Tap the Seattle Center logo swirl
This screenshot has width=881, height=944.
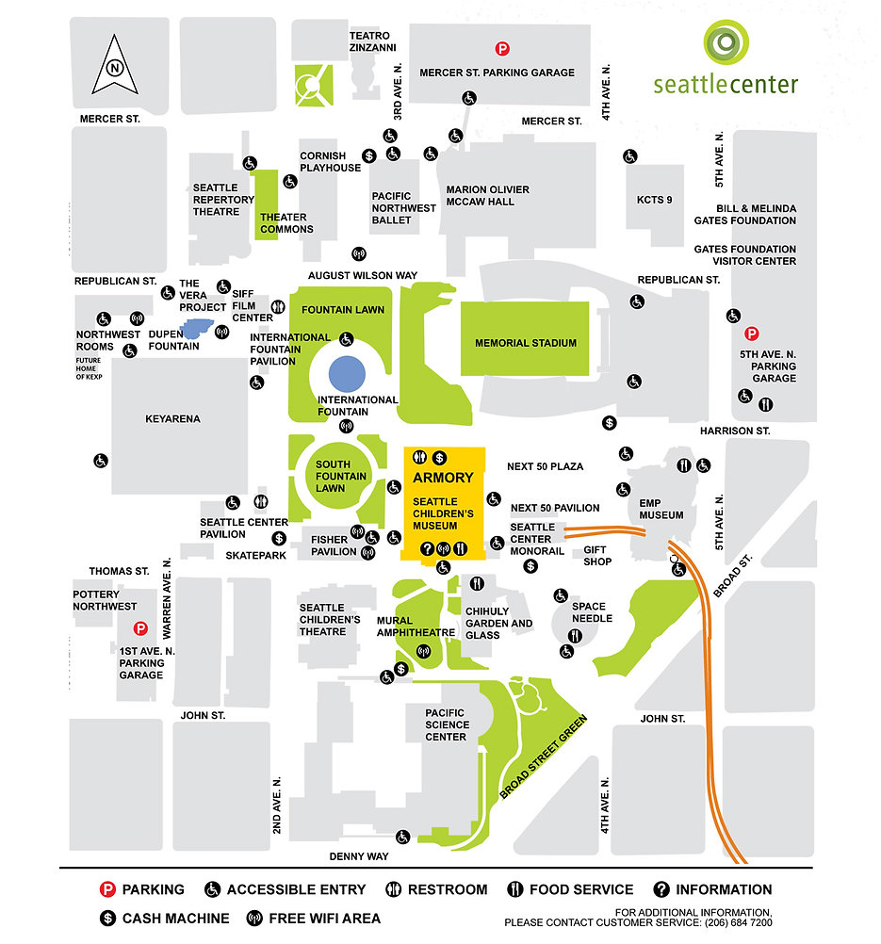pyautogui.click(x=726, y=44)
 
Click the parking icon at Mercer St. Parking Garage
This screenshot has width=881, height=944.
pyautogui.click(x=503, y=49)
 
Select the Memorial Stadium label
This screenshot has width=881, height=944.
pyautogui.click(x=526, y=343)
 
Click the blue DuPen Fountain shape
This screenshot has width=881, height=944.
pyautogui.click(x=198, y=328)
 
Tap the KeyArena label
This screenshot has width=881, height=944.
pyautogui.click(x=172, y=418)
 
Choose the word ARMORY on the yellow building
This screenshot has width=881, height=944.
pyautogui.click(x=443, y=478)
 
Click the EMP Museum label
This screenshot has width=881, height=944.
pyautogui.click(x=661, y=510)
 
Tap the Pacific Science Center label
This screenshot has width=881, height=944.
pyautogui.click(x=446, y=724)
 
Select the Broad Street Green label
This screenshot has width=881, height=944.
pyautogui.click(x=544, y=757)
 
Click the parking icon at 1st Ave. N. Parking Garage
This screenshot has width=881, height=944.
pyautogui.click(x=140, y=628)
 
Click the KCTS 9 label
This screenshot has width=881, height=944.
pyautogui.click(x=655, y=200)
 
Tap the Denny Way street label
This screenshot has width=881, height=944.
pyautogui.click(x=358, y=856)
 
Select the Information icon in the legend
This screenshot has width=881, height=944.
pyautogui.click(x=661, y=889)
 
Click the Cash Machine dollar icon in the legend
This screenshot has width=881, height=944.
pyautogui.click(x=108, y=919)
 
